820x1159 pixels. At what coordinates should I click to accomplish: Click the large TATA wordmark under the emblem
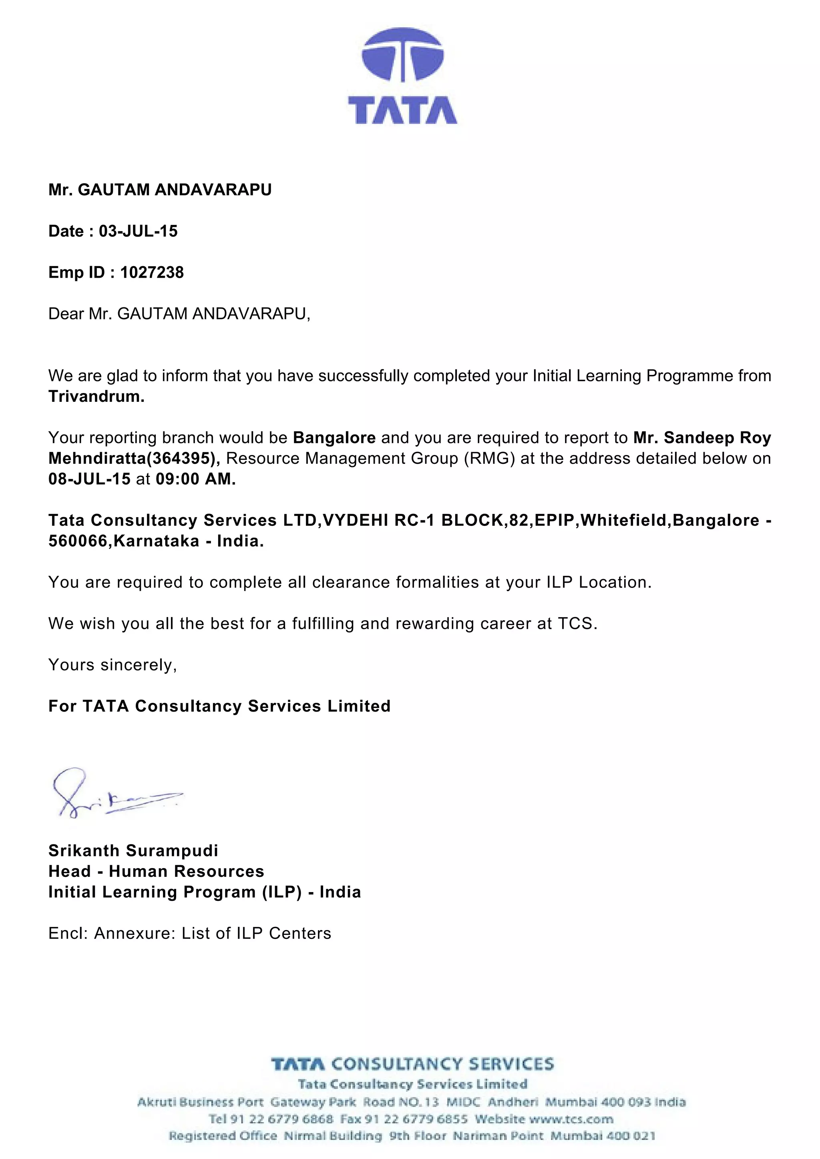point(402,110)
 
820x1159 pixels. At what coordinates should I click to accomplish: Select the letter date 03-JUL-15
point(138,231)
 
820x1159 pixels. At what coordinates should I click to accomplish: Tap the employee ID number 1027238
point(152,273)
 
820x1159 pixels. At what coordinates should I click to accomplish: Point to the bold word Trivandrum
point(96,397)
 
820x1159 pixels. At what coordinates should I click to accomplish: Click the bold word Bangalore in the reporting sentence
point(334,438)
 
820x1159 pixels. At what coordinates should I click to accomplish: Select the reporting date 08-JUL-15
point(89,479)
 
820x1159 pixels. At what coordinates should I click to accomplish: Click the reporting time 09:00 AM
point(195,479)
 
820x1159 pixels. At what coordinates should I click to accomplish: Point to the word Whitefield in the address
point(625,520)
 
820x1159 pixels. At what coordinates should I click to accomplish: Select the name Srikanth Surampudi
point(133,850)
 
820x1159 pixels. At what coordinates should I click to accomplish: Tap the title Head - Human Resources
point(156,871)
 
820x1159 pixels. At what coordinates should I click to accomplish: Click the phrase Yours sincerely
point(112,665)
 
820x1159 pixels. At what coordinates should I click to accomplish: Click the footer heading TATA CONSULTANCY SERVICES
point(412,1065)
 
